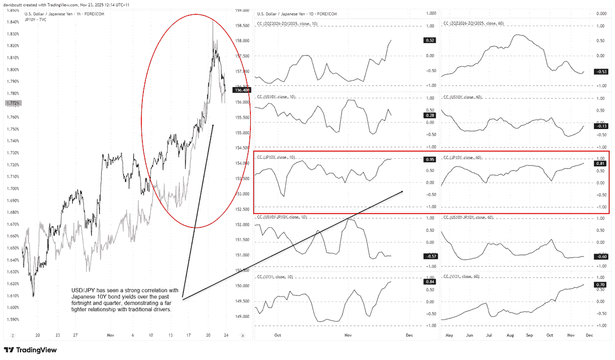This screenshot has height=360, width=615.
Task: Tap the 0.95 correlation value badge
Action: click(x=429, y=160)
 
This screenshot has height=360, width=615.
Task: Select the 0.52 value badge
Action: click(x=429, y=40)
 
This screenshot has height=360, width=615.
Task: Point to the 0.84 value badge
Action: click(x=429, y=282)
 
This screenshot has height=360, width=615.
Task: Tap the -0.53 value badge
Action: click(x=600, y=72)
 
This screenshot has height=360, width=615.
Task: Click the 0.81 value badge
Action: click(x=600, y=163)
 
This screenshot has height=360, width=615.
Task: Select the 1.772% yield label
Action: click(x=12, y=103)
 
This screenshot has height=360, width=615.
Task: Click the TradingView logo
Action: click(x=30, y=350)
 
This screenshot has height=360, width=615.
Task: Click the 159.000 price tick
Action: click(x=242, y=10)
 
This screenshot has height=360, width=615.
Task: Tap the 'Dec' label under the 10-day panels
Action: click(x=409, y=336)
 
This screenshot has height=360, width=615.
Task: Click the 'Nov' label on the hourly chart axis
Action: click(x=111, y=336)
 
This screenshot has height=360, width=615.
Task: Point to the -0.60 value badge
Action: click(x=600, y=256)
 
